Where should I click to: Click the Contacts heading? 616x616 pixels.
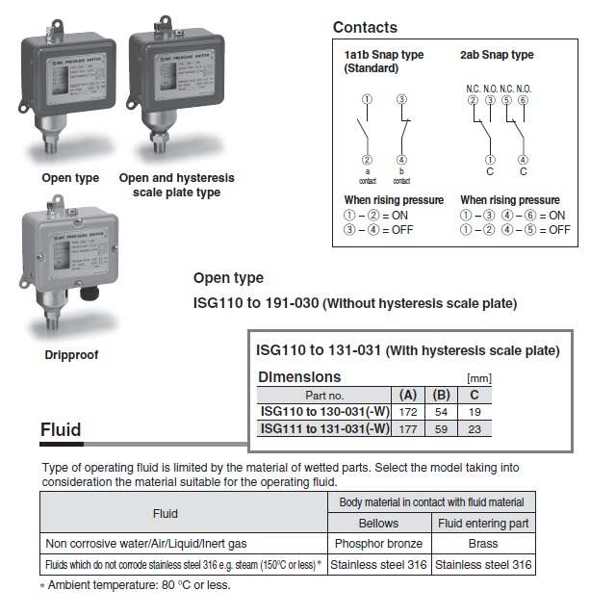(365, 28)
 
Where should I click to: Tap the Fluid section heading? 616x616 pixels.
(61, 429)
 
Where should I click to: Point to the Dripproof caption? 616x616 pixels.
(71, 355)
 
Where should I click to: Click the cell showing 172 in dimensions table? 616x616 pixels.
(407, 411)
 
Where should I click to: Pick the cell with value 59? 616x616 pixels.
(442, 428)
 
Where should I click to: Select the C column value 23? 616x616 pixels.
(474, 428)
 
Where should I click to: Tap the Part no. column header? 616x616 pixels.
(324, 395)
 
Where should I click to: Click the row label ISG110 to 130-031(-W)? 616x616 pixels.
(324, 411)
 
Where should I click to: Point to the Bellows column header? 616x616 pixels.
(378, 524)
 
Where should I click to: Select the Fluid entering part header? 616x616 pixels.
(482, 524)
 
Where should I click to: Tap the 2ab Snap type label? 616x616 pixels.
(497, 55)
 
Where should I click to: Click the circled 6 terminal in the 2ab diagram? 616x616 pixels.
(523, 100)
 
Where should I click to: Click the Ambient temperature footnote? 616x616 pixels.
(139, 584)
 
